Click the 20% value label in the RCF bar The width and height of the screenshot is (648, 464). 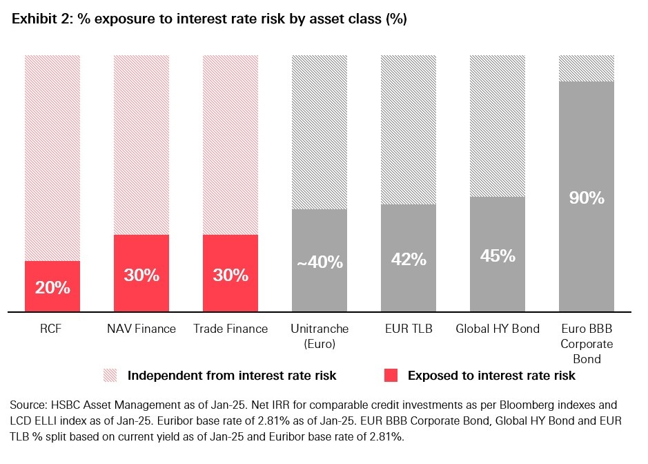coord(52,287)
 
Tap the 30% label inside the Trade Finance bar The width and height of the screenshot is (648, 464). coord(230,275)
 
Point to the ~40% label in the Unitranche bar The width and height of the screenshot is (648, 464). coord(320,262)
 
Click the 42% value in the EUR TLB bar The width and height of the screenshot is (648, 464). coord(409,260)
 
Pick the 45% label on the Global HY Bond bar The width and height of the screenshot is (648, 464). coord(498,255)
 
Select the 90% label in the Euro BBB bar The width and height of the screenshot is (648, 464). coord(587,198)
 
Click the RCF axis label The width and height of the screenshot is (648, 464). coord(52,329)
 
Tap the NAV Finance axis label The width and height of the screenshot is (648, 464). coord(141,329)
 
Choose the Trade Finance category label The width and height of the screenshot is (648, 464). coord(230,329)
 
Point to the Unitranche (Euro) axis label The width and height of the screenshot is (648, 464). coord(320,336)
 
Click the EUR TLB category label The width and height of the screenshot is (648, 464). coord(409,329)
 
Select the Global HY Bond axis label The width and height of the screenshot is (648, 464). coord(498,329)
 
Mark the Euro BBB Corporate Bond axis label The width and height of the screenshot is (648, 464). coord(587,343)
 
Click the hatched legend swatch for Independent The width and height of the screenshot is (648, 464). coord(110,376)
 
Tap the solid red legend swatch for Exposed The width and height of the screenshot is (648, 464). coord(391,376)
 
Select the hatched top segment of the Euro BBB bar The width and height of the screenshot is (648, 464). coord(587,68)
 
